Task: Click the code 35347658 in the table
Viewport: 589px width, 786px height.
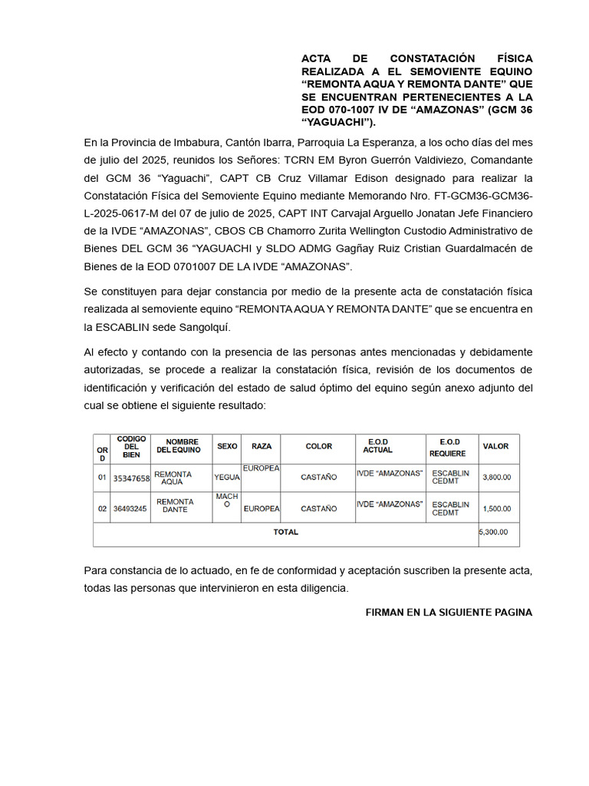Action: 131,478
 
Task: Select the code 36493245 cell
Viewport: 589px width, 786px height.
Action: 130,508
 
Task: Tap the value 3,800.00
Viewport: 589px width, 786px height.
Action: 496,477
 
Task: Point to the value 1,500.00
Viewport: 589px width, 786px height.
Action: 496,508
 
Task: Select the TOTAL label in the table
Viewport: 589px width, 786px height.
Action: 286,532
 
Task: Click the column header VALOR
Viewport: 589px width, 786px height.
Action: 495,447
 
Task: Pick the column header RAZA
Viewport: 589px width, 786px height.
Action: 262,447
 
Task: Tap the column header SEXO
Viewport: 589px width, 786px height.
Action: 227,447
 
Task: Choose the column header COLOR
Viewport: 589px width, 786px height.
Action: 318,447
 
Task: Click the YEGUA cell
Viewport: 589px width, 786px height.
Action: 227,477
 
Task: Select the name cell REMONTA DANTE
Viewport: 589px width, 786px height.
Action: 175,506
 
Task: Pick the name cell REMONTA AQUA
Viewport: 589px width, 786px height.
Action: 173,478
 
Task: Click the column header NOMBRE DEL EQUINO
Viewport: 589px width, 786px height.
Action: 177,447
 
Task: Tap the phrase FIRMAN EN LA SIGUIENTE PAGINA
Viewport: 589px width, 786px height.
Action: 449,613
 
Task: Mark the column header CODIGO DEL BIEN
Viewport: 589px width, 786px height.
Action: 131,447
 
